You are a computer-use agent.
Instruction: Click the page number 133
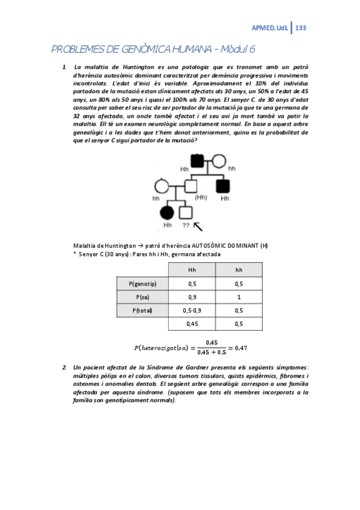pyautogui.click(x=301, y=28)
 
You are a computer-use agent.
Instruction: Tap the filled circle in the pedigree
pyautogui.click(x=167, y=212)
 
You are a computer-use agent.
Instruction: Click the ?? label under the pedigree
pyautogui.click(x=186, y=226)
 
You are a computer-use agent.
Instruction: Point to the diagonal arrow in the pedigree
pyautogui.click(x=198, y=225)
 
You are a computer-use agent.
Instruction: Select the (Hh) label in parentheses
pyautogui.click(x=201, y=197)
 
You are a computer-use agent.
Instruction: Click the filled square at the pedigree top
pyautogui.click(x=197, y=161)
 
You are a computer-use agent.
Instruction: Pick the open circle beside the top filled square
pyautogui.click(x=219, y=161)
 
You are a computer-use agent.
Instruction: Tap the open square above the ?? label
pyautogui.click(x=186, y=212)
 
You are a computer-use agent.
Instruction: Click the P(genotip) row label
pyautogui.click(x=142, y=283)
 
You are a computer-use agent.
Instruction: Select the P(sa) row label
pyautogui.click(x=142, y=297)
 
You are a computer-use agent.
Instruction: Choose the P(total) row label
pyautogui.click(x=142, y=310)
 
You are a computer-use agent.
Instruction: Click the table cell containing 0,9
pyautogui.click(x=192, y=297)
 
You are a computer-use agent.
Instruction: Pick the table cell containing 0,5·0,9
pyautogui.click(x=192, y=310)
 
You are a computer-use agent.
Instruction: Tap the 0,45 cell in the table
pyautogui.click(x=192, y=324)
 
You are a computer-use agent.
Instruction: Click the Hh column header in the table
pyautogui.click(x=192, y=270)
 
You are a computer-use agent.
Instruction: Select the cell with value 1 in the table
pyautogui.click(x=239, y=297)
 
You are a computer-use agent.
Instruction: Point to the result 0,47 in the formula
pyautogui.click(x=241, y=347)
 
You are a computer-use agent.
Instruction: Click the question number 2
pyautogui.click(x=64, y=367)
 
